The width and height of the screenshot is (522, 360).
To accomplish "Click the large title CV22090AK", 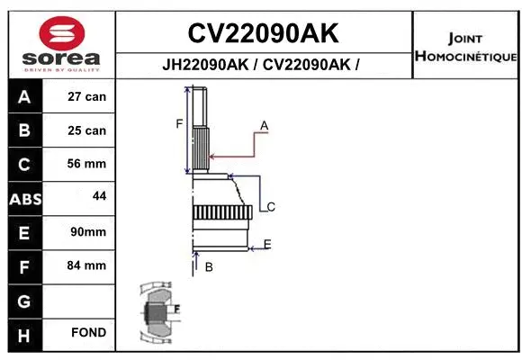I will click(x=263, y=33).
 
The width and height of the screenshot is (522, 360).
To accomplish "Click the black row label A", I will click(x=23, y=96).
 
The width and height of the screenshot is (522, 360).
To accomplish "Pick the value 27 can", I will click(x=86, y=96).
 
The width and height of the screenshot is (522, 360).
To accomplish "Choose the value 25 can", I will click(x=86, y=130).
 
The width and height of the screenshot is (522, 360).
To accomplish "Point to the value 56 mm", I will click(x=86, y=164).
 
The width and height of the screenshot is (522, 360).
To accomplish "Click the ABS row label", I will click(x=23, y=198).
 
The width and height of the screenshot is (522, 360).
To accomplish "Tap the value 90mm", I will click(x=87, y=232).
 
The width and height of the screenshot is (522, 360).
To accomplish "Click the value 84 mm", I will click(x=86, y=265).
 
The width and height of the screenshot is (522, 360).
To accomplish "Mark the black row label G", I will click(x=23, y=300).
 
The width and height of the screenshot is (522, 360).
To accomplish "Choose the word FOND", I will click(x=89, y=333).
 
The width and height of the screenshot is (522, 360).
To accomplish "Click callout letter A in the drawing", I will click(x=265, y=124).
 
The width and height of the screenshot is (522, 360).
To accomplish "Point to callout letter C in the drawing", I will click(x=270, y=207).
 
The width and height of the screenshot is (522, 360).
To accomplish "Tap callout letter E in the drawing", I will click(x=267, y=244).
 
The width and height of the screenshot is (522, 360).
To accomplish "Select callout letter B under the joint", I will click(x=208, y=266).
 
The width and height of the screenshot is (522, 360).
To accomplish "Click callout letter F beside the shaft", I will click(x=179, y=123).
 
